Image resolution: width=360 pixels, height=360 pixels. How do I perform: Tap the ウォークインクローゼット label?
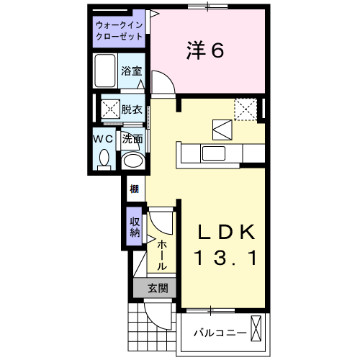coord(120,32)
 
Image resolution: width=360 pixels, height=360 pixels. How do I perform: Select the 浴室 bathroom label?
coord(132,71)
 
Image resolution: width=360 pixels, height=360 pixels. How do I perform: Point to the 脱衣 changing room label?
coord(132,109)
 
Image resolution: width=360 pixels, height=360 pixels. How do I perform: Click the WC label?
coord(102,138)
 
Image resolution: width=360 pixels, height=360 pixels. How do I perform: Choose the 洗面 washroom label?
coord(132,138)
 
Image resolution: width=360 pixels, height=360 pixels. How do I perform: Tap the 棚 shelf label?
coord(134,190)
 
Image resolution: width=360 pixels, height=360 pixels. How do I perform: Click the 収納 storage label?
coord(134,228)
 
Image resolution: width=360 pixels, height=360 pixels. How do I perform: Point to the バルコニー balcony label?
coord(220,333)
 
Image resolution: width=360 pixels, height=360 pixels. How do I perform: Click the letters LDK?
coord(227,233)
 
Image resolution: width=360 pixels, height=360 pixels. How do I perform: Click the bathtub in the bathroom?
coord(105,71)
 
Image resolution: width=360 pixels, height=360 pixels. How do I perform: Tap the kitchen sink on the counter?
coord(212,153)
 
